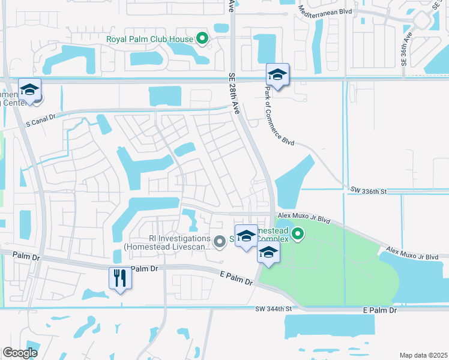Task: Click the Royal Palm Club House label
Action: click(149, 40)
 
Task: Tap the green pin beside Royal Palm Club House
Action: click(202, 40)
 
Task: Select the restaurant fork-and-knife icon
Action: click(120, 278)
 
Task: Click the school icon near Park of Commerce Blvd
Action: click(277, 75)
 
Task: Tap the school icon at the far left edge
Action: click(29, 90)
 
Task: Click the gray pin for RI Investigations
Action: click(220, 241)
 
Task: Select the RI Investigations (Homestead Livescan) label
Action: click(167, 241)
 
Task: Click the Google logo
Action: click(20, 352)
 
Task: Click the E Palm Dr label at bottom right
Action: click(380, 311)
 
